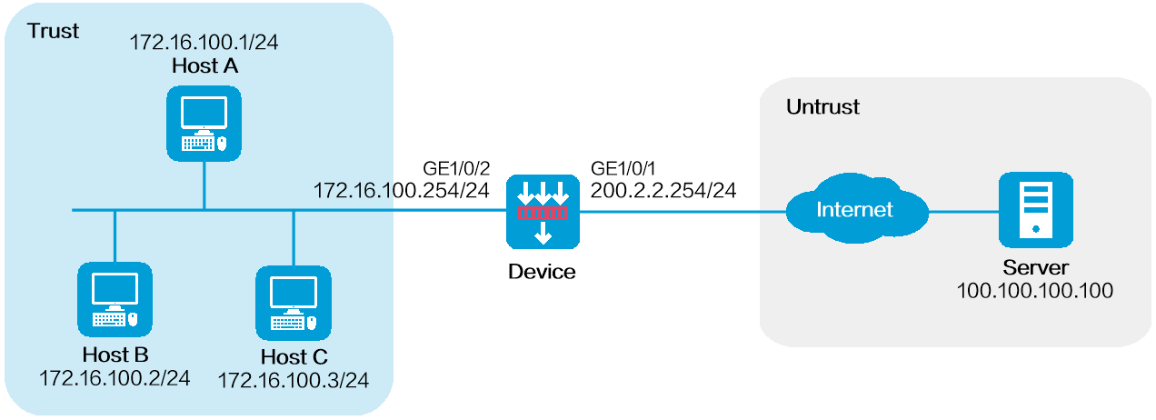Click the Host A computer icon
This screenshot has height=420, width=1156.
[x=204, y=123]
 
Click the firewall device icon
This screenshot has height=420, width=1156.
[x=543, y=212]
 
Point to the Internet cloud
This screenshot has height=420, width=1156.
[x=854, y=212]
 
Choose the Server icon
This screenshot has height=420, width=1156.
[x=1035, y=212]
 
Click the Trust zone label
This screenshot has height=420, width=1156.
[x=54, y=32]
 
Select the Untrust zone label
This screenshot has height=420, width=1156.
[x=822, y=107]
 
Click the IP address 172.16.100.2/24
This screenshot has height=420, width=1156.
[x=115, y=377]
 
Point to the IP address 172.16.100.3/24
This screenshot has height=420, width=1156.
[x=293, y=380]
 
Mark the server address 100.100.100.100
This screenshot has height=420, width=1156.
[x=1035, y=291]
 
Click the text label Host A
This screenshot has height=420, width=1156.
[x=204, y=65]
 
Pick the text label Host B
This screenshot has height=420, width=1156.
[x=115, y=355]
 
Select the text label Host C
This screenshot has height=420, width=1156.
[x=293, y=357]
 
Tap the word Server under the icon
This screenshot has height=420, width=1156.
[x=1035, y=268]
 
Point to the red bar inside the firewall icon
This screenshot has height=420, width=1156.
[x=543, y=214]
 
